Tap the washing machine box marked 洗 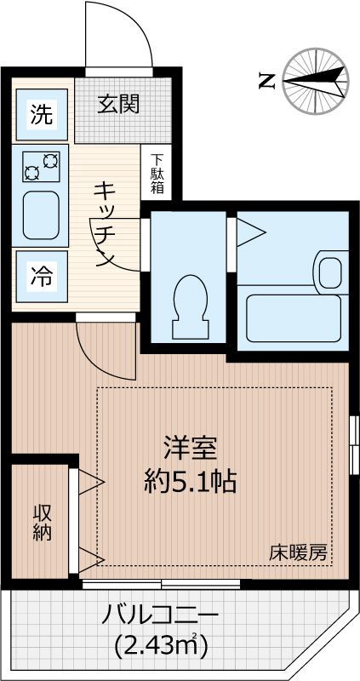tap(41, 114)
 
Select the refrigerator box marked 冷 tap(41, 277)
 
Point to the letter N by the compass tap(266, 82)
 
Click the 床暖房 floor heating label tap(300, 552)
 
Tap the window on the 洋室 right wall tap(353, 443)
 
